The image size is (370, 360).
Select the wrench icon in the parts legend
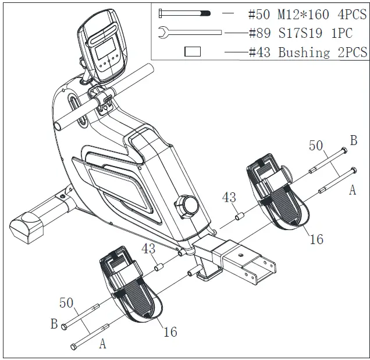pos(189,33)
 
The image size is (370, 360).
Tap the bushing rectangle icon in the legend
pos(192,52)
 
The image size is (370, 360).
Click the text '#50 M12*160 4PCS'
pos(307,13)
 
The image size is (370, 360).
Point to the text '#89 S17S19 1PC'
pos(300,33)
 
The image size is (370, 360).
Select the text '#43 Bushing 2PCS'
pos(308,52)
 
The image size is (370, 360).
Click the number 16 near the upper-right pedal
pos(316,239)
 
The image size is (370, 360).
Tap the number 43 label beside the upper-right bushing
pos(229,198)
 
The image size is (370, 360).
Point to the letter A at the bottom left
pos(102,344)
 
